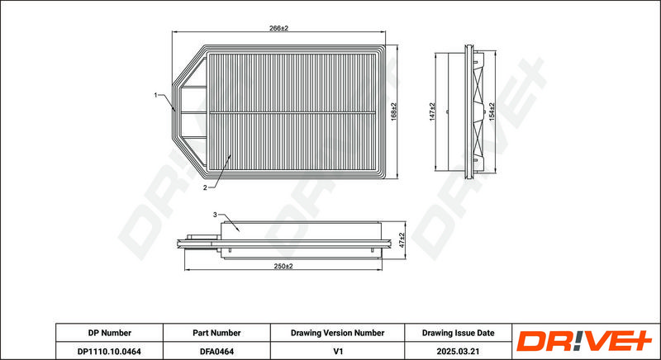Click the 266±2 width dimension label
pos(278,28)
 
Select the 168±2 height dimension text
pos(393,112)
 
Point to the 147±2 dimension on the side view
pos(432,112)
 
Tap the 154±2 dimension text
pos(492,112)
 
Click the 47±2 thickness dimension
pos(402,240)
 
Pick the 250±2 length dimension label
pos(283,266)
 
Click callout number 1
pos(155,95)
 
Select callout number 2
pos(205,187)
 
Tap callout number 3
pos(215,215)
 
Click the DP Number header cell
pos(110,333)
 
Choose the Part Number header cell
pos(216,333)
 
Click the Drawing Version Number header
pos(337,333)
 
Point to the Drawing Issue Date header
pos(459,333)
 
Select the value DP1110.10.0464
pos(109,351)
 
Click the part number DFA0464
pos(216,351)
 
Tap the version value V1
pos(337,351)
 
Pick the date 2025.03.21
pos(459,351)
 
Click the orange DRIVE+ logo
pos(584,341)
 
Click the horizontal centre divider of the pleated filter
pos(292,112)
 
